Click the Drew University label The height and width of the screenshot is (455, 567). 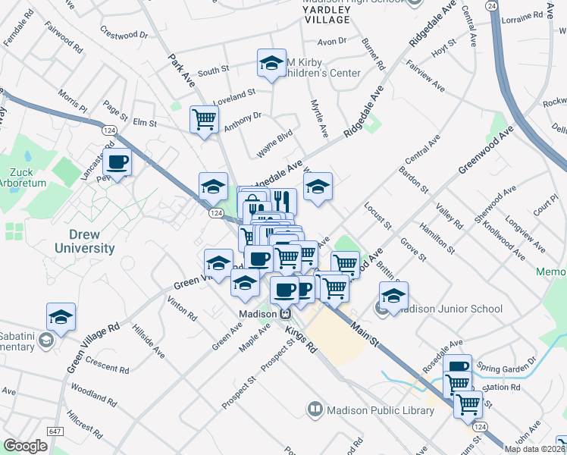coord(84,240)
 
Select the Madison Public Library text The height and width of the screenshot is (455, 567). coord(380,410)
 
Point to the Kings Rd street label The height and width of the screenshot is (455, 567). coord(300,338)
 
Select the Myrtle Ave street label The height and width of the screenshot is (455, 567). coord(318,118)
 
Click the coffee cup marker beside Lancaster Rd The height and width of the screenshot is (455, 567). coord(117,162)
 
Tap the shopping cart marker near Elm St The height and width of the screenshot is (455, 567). coord(205,119)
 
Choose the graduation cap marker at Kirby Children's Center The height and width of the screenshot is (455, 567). coord(271,64)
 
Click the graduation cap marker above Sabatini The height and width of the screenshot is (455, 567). coord(61,317)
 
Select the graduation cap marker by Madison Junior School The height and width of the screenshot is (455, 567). coord(393,296)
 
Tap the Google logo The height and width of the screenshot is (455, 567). coord(25,446)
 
